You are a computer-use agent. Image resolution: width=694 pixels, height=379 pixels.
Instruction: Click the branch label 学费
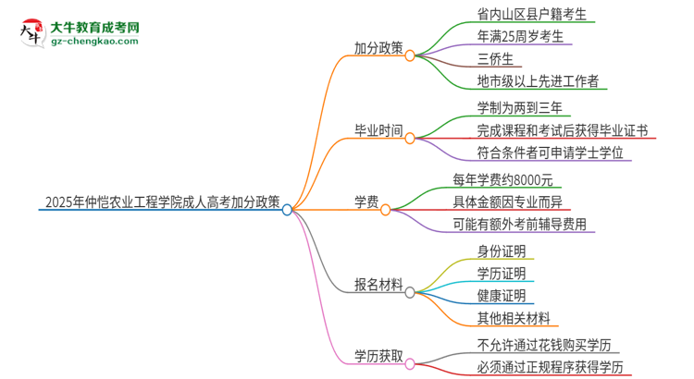point(366,201)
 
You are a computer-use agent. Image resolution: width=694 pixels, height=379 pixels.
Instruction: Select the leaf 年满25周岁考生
point(520,37)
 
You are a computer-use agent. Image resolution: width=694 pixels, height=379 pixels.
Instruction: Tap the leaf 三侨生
point(497,59)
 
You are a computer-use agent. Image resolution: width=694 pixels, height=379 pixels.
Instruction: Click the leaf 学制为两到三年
point(518,108)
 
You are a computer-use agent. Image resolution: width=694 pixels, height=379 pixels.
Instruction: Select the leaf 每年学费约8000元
point(528,180)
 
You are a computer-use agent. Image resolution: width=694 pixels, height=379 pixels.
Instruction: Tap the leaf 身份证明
point(502,251)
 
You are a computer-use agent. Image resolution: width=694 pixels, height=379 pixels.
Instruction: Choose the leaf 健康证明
point(502,296)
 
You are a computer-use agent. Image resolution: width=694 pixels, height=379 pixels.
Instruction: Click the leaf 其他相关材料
point(514,318)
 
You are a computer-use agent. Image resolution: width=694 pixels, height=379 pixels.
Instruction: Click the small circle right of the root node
point(288,210)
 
